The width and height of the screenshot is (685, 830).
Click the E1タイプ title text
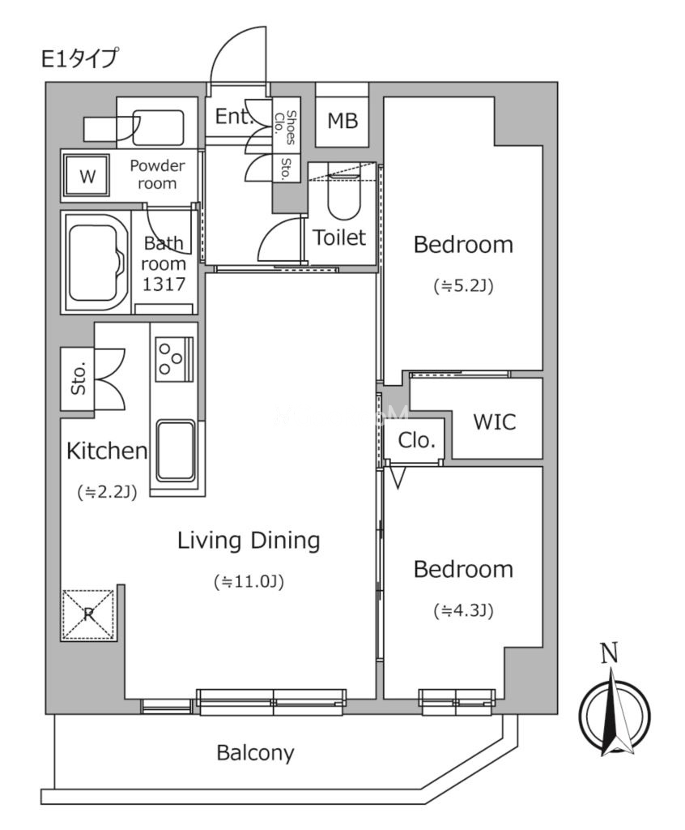click(x=79, y=58)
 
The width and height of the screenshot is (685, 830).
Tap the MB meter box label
click(x=342, y=122)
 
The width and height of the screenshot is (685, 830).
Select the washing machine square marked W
click(x=87, y=176)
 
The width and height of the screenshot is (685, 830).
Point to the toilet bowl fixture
click(x=344, y=195)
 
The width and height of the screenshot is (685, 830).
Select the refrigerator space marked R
click(x=88, y=614)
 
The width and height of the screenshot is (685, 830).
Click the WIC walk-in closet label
click(x=495, y=421)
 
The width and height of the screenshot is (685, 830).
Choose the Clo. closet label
click(x=416, y=440)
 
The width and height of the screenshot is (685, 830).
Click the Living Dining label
click(x=249, y=541)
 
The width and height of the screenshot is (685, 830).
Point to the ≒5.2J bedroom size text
click(x=463, y=286)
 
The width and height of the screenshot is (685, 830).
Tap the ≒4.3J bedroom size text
click(x=463, y=611)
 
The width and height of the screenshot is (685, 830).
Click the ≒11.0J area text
click(x=249, y=582)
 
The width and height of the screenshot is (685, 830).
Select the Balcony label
click(x=256, y=753)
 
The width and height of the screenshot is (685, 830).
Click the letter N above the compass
click(x=610, y=654)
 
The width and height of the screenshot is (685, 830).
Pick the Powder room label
click(x=157, y=175)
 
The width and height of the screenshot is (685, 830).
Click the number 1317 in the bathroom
click(x=164, y=285)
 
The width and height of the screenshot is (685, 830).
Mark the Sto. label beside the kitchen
click(x=79, y=379)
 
